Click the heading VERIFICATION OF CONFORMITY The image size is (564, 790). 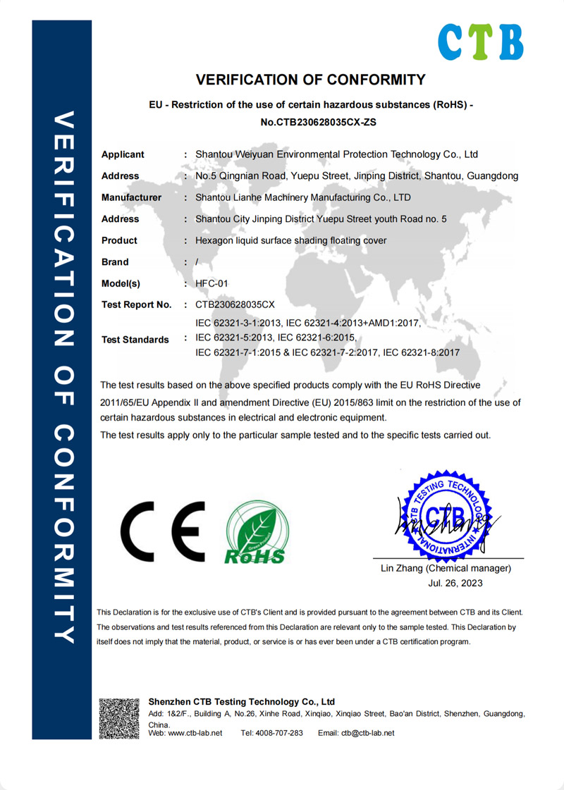tap(310, 80)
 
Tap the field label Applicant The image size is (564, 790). tap(123, 154)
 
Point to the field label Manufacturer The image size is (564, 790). tap(131, 197)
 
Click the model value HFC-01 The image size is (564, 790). tap(212, 283)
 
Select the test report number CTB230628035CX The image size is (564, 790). tap(234, 305)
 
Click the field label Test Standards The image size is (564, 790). tap(135, 339)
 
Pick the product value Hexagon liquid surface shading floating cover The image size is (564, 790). tap(290, 240)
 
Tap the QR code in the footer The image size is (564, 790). tap(119, 718)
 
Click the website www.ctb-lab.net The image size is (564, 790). tap(195, 733)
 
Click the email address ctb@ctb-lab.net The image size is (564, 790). tap(368, 733)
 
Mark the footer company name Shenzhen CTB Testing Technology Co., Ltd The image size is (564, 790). tap(242, 702)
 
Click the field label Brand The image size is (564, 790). tap(115, 262)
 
